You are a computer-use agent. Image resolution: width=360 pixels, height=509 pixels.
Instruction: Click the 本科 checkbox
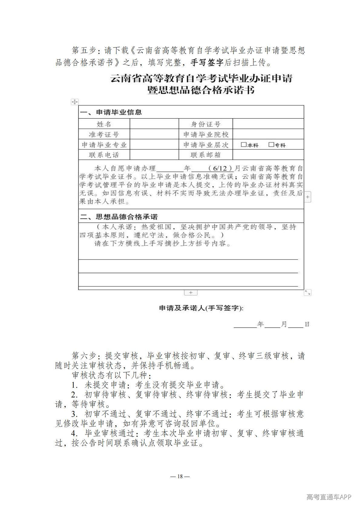(244, 145)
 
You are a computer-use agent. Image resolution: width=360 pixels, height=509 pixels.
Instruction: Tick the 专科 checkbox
(271, 145)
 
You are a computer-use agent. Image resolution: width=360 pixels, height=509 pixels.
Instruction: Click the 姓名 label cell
(104, 124)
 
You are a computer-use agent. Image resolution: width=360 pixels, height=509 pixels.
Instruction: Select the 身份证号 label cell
(206, 124)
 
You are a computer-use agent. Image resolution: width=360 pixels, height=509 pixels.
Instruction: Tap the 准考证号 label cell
(104, 134)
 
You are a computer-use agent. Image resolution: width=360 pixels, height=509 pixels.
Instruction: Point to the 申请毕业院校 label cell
(206, 134)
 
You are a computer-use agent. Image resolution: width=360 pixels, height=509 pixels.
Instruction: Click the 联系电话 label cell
(104, 155)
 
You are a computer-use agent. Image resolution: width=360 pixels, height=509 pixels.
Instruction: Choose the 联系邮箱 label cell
(206, 155)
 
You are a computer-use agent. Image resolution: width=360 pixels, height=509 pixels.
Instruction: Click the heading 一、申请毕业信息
(111, 112)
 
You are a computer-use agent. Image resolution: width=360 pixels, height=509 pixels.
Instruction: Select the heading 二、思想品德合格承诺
(119, 217)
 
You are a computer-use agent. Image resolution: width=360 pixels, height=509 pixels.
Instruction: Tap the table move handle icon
(74, 102)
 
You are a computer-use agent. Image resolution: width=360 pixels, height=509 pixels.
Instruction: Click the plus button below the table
(191, 292)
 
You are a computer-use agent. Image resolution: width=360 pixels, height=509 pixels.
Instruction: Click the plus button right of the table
(307, 197)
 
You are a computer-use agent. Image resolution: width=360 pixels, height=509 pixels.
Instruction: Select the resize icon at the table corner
(307, 292)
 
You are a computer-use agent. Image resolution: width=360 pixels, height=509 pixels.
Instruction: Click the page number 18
(180, 476)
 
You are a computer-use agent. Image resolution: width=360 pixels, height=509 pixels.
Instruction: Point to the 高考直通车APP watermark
(329, 497)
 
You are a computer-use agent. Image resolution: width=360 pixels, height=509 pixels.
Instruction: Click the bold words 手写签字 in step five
(207, 63)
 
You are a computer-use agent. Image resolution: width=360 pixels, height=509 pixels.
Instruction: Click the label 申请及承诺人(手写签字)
(201, 308)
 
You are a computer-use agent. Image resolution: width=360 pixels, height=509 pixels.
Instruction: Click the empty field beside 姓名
(154, 124)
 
